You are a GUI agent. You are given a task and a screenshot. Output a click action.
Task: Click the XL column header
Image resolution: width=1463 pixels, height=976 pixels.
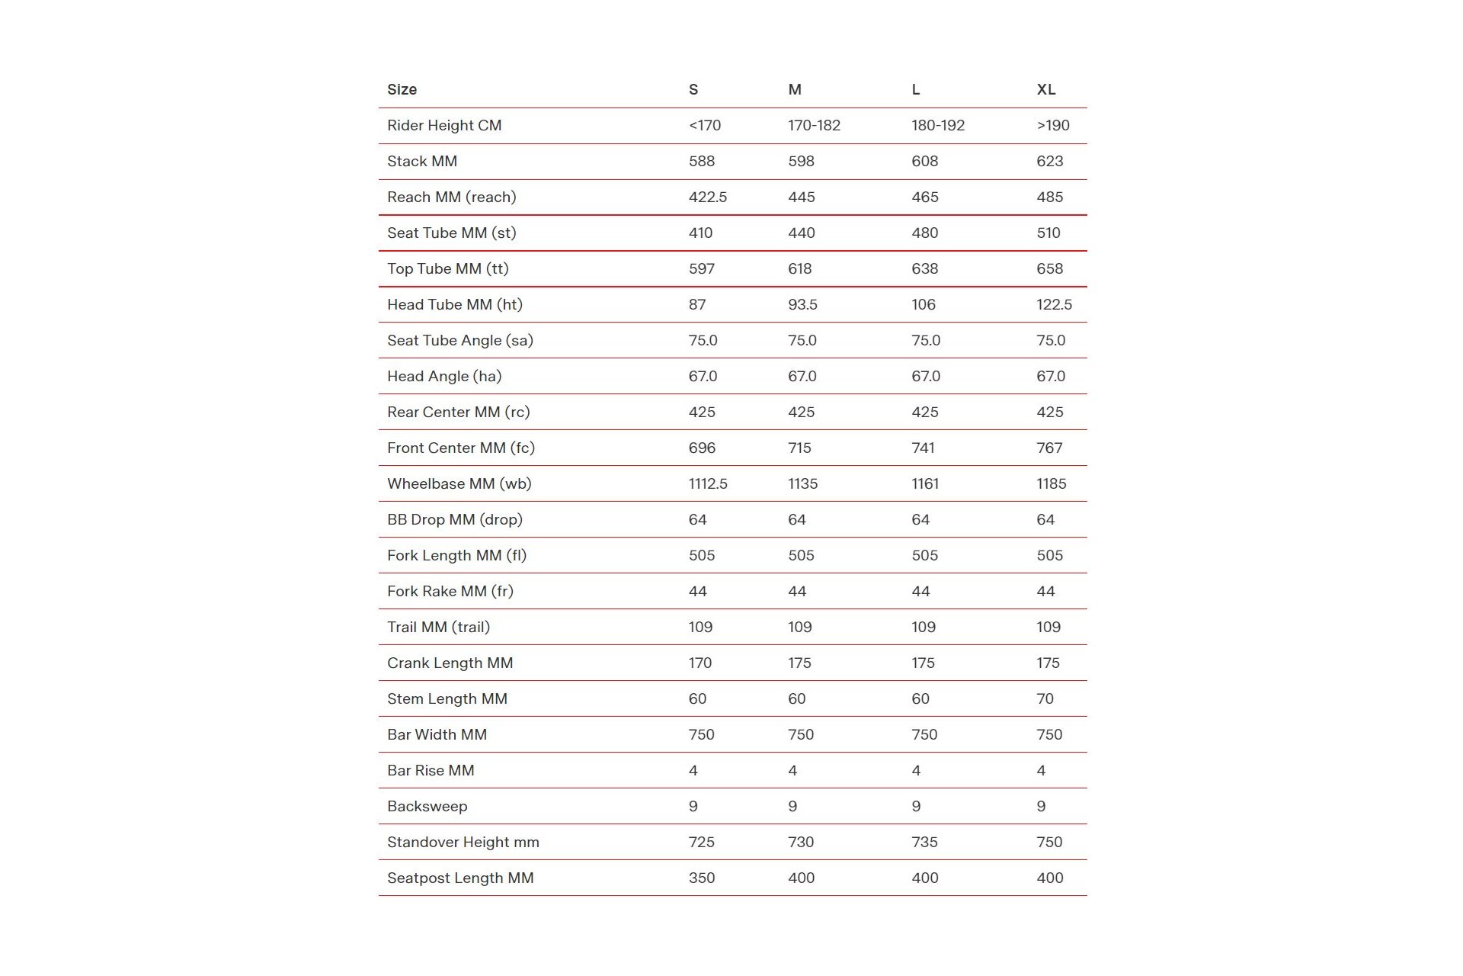click(x=1046, y=89)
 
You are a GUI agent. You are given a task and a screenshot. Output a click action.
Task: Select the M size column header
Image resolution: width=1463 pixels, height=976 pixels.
click(x=795, y=89)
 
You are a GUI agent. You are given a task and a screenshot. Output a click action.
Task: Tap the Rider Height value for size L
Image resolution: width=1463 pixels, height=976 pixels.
click(x=938, y=125)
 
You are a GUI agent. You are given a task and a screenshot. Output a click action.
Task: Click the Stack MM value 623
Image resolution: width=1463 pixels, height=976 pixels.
click(x=1049, y=161)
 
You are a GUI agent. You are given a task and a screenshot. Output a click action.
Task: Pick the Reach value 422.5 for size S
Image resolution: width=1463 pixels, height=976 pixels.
click(x=707, y=197)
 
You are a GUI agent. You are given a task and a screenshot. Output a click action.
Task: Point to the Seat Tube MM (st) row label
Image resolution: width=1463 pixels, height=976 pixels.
click(x=451, y=233)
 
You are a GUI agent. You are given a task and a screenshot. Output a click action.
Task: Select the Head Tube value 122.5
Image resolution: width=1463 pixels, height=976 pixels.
click(x=1054, y=304)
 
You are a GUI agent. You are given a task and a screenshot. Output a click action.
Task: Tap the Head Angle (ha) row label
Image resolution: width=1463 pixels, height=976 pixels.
click(x=444, y=376)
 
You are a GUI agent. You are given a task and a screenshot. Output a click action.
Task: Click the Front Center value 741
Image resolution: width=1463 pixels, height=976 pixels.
click(x=923, y=448)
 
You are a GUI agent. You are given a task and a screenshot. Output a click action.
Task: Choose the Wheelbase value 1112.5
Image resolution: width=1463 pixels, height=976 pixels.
click(x=707, y=483)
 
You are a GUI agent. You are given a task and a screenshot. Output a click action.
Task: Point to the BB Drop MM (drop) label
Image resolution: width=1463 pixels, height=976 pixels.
click(x=455, y=519)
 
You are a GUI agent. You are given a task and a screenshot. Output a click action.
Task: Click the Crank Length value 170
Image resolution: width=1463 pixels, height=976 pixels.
click(x=699, y=663)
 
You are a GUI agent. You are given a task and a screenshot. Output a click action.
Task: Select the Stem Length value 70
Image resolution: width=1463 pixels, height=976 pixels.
click(x=1045, y=698)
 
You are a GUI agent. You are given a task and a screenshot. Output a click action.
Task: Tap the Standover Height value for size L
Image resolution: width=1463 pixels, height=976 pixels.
click(x=924, y=842)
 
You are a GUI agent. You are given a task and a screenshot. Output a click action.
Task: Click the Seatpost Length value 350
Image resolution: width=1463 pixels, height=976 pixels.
click(x=701, y=878)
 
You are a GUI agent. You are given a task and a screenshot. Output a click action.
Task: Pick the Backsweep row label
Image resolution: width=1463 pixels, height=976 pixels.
click(x=427, y=806)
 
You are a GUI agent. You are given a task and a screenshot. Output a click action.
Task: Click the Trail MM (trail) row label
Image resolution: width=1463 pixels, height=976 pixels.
click(x=438, y=627)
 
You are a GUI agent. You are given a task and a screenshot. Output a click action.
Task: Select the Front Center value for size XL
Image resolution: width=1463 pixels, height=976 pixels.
click(x=1049, y=448)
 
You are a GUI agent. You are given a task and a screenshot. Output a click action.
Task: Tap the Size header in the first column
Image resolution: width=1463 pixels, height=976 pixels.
click(x=402, y=89)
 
